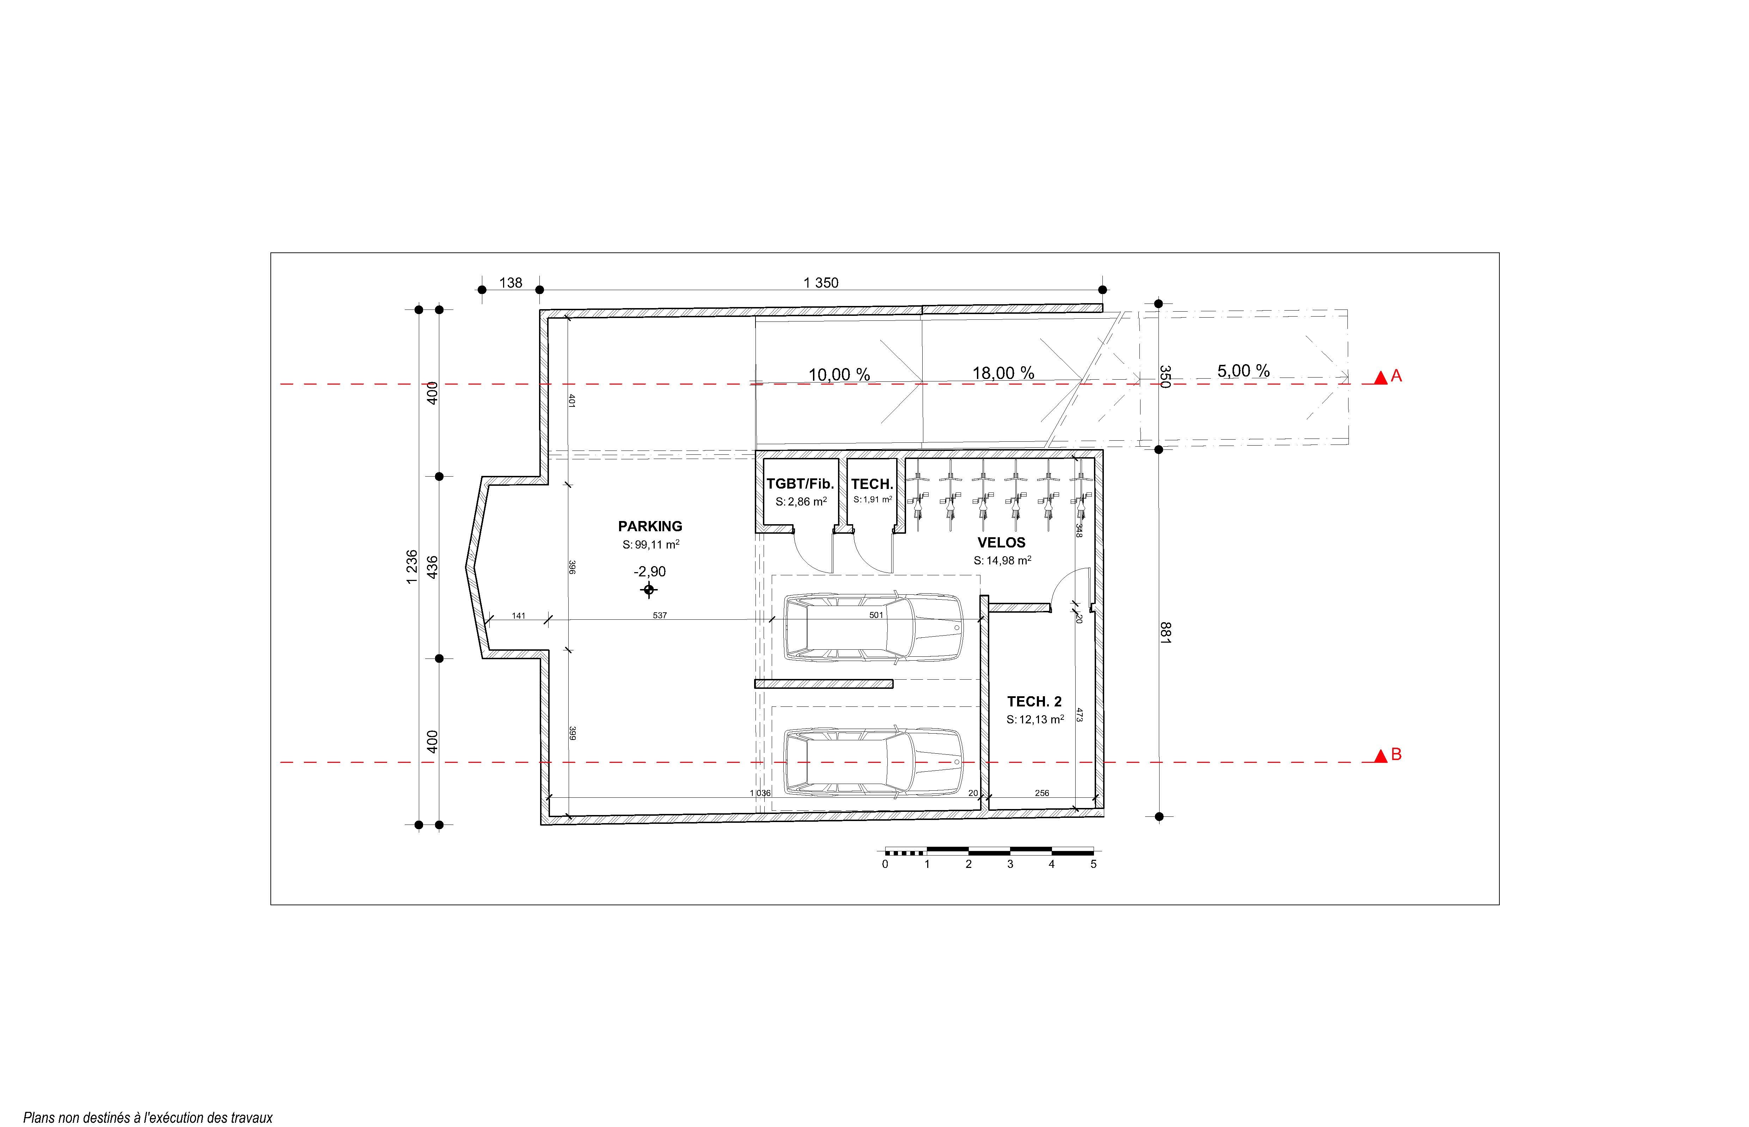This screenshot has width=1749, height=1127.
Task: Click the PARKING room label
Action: click(650, 526)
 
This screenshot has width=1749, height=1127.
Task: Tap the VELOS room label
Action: click(1001, 542)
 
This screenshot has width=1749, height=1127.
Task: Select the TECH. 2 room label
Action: click(1034, 701)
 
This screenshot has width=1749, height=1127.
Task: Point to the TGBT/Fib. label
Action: click(800, 484)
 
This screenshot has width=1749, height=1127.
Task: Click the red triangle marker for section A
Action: click(1380, 378)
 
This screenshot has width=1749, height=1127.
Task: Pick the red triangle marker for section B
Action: click(1380, 756)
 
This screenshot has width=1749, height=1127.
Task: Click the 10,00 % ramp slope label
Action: click(839, 375)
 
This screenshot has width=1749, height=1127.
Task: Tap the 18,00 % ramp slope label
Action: click(1003, 373)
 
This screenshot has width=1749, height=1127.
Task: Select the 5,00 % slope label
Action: click(1243, 371)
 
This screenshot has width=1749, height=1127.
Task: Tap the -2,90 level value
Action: click(650, 571)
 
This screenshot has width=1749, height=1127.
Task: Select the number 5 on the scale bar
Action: click(1093, 864)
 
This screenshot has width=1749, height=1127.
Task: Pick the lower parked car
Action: click(874, 762)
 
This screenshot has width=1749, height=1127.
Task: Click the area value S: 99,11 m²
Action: click(650, 545)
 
